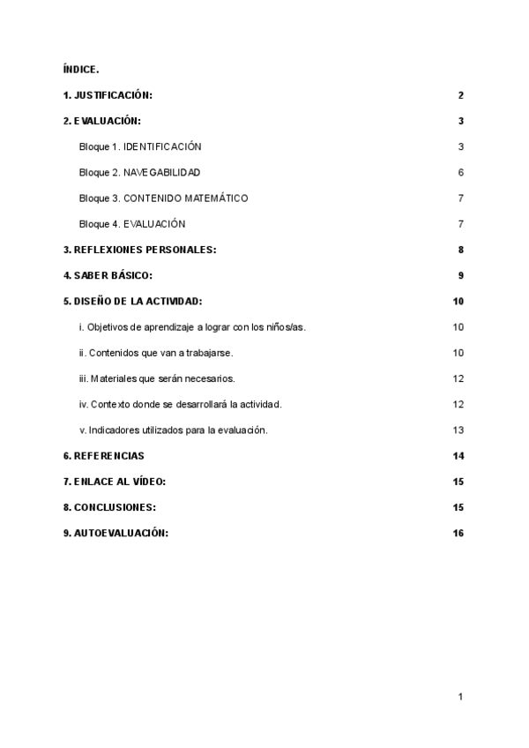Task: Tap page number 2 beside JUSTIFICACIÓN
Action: click(460, 95)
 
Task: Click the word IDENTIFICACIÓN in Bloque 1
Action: click(163, 146)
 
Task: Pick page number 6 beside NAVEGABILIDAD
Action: click(460, 172)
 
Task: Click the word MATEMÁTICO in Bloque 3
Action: click(212, 198)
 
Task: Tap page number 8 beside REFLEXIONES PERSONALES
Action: click(460, 250)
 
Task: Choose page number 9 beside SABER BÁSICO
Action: click(460, 275)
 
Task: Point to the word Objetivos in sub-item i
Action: click(109, 327)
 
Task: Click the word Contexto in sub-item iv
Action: click(110, 405)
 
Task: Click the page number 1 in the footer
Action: click(460, 697)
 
